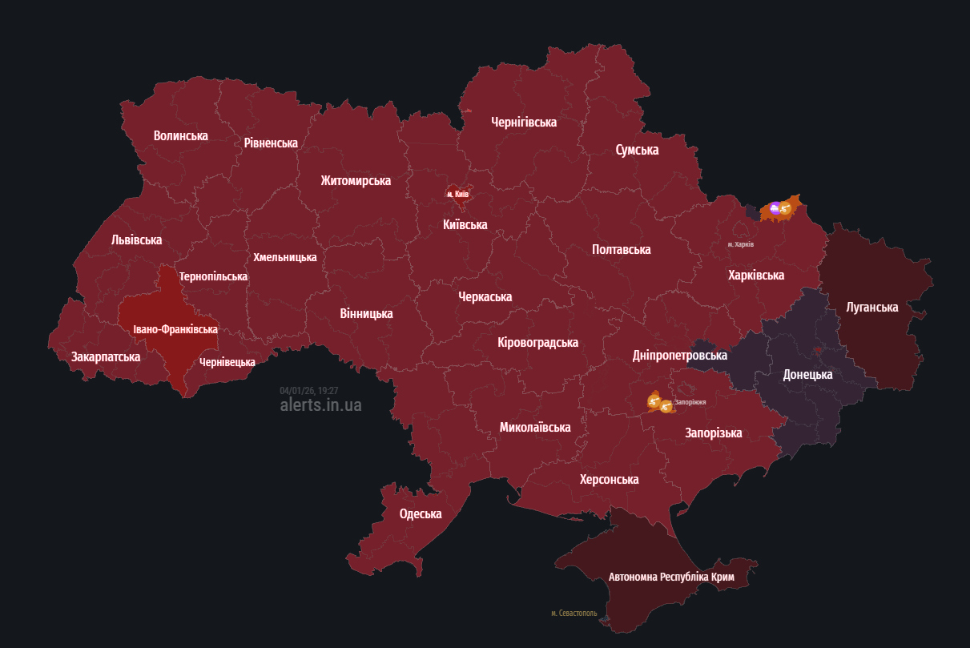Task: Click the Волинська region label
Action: tap(180, 135)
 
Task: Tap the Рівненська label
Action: tap(271, 143)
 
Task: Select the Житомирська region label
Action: tap(356, 180)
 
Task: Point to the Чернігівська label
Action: tap(523, 122)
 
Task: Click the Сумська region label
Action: tap(637, 150)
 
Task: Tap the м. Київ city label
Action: tap(457, 194)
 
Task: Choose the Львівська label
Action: tap(136, 239)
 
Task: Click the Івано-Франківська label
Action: tap(175, 329)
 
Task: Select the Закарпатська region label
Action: tap(106, 356)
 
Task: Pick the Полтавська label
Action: tap(621, 249)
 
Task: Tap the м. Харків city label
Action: tap(740, 244)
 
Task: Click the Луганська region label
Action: tap(871, 307)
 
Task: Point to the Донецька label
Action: tap(807, 374)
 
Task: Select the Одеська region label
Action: tap(421, 513)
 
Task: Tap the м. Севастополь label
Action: tap(574, 613)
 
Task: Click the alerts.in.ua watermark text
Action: tap(320, 404)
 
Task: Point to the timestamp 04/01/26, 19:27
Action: tap(308, 390)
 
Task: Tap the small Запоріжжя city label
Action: tap(690, 401)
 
